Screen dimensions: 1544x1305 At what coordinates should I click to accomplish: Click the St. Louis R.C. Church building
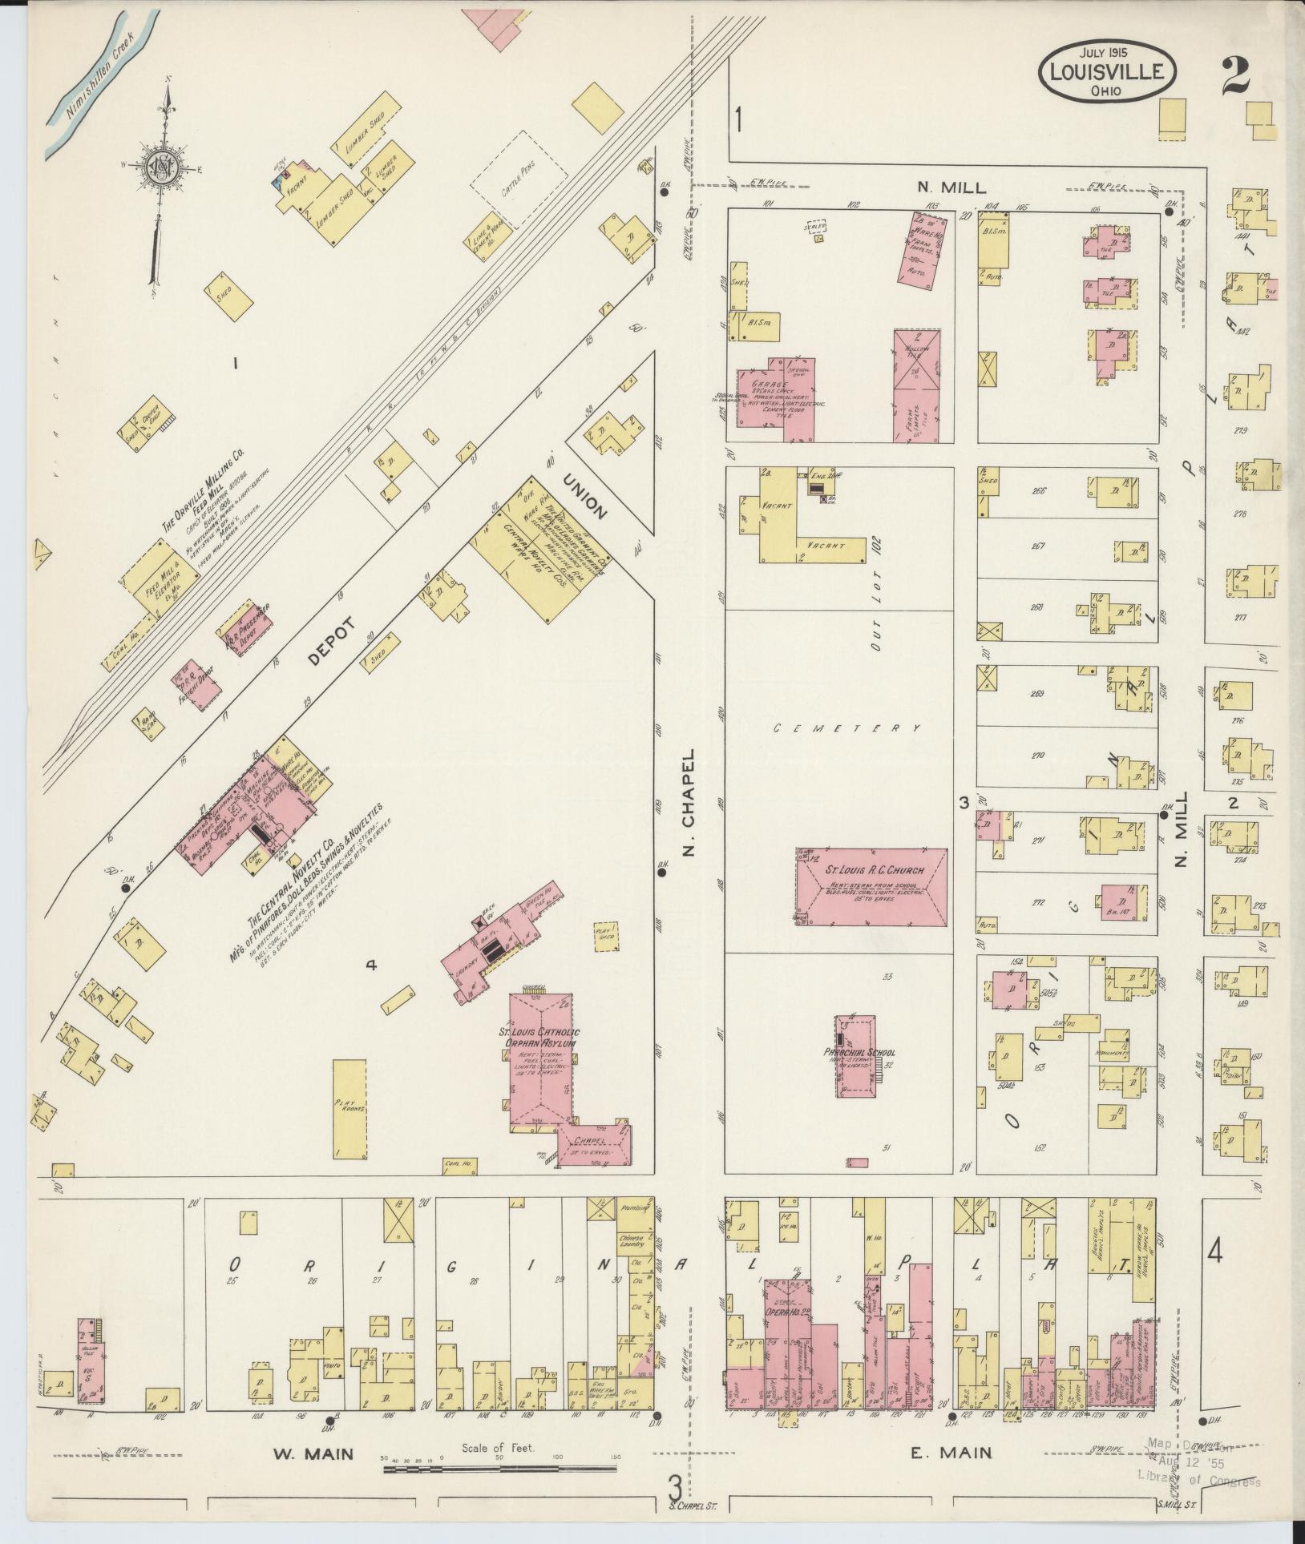click(871, 887)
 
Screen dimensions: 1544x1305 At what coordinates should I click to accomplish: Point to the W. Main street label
click(313, 1452)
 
